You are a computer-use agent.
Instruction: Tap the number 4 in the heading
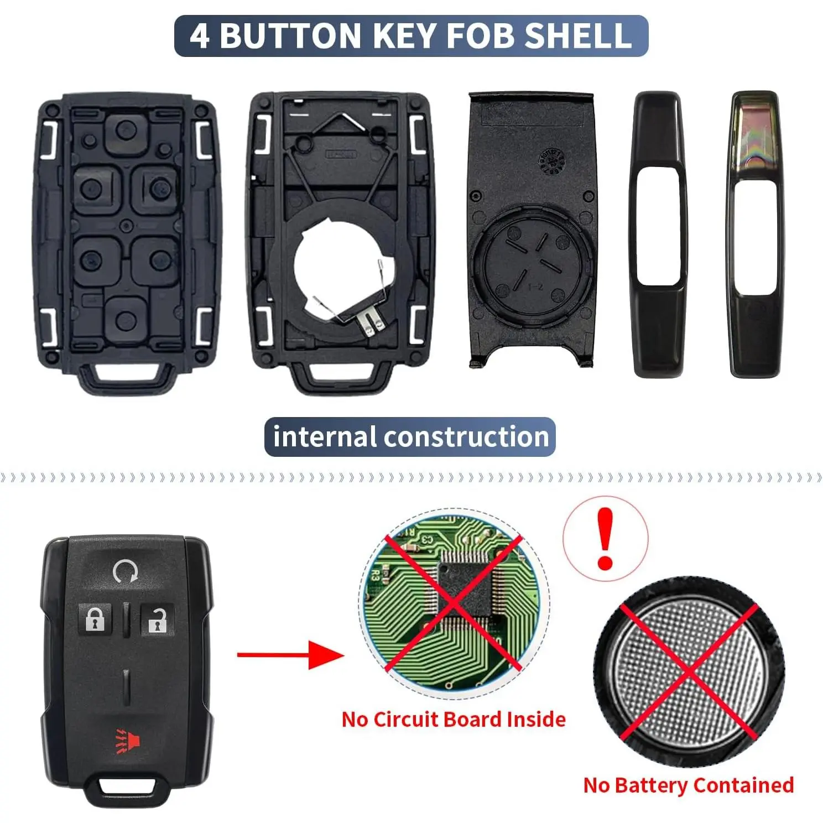(x=200, y=36)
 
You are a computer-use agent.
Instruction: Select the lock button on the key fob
(x=95, y=619)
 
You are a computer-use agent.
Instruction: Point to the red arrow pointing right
(x=290, y=655)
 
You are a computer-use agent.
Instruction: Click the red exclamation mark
(x=606, y=539)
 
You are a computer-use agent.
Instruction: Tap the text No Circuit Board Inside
(x=454, y=719)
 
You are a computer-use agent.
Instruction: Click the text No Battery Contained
(x=689, y=785)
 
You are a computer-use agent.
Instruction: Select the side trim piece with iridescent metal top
(x=755, y=235)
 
